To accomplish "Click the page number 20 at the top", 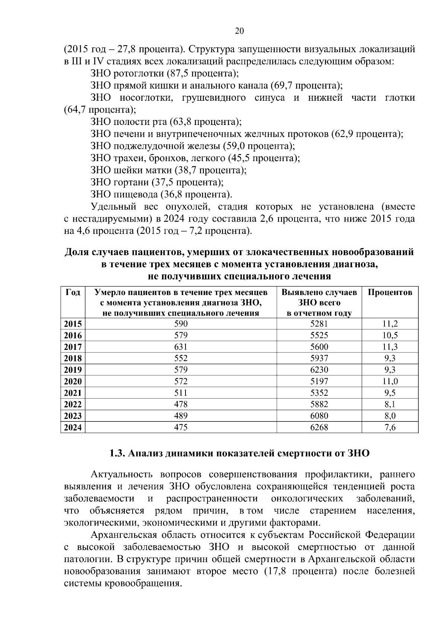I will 240,31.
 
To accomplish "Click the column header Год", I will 73,292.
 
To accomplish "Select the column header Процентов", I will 390,292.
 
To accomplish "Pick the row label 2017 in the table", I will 73,347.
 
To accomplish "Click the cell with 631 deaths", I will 181,347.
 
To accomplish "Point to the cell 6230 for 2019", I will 319,370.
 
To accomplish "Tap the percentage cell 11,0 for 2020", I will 390,382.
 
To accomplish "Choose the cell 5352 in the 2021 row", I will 319,393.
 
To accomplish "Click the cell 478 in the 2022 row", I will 181,405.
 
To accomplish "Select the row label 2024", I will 73,428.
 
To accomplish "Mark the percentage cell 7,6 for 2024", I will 390,428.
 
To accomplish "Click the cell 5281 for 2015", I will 319,324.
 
